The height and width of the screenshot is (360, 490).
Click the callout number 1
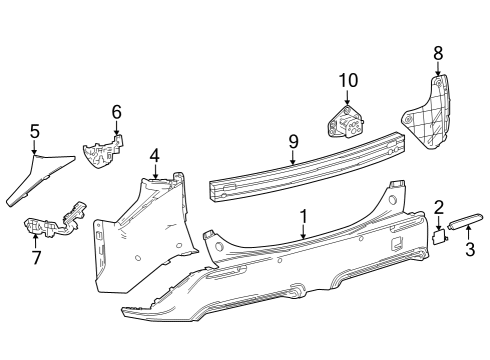coord(303,216)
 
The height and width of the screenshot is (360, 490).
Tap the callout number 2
coord(438,207)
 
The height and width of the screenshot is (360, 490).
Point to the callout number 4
coord(155,155)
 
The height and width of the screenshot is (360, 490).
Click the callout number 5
coord(34,130)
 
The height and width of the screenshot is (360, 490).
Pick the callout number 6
coord(116,111)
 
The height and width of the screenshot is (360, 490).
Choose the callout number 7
coord(36,259)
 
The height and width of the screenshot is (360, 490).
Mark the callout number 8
coord(438,52)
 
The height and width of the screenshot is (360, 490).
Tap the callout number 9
coord(293,141)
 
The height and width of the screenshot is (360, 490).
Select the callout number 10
coord(347,80)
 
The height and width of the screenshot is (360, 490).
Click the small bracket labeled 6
coord(104,153)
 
